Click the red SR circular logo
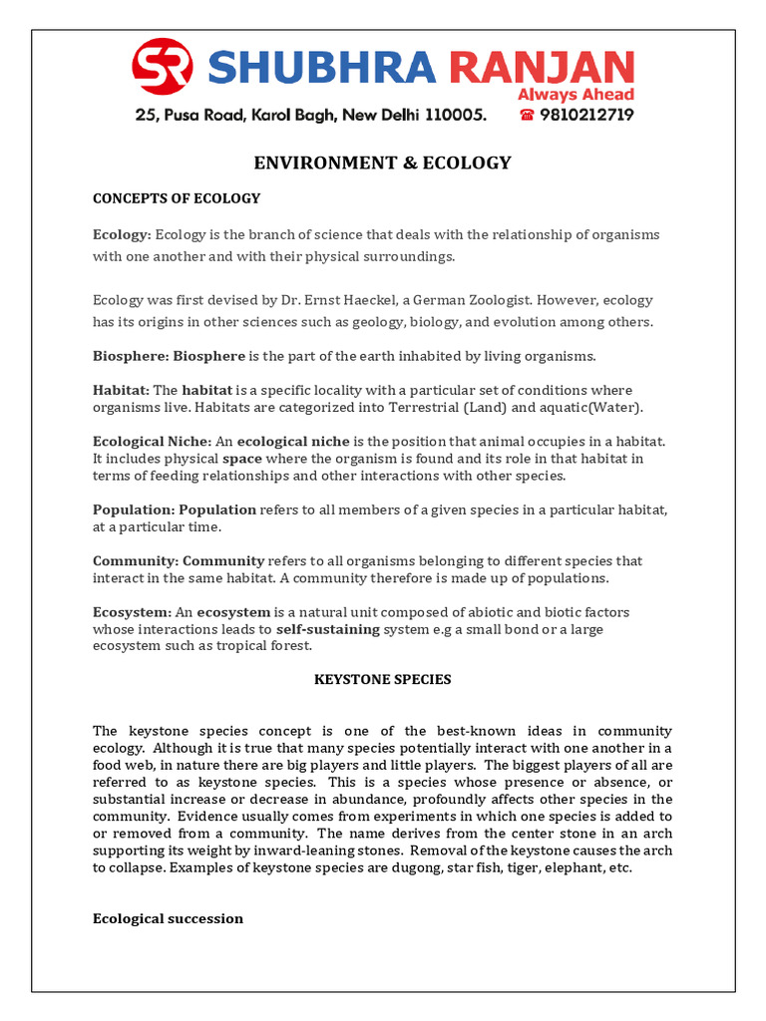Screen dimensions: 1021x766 (x=165, y=67)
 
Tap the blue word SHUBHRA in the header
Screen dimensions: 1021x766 (x=322, y=68)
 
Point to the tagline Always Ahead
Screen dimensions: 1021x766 (x=574, y=95)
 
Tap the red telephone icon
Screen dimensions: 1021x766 (x=527, y=115)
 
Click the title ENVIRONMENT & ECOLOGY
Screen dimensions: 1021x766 (x=383, y=163)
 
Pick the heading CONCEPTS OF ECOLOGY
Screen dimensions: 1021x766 (x=177, y=198)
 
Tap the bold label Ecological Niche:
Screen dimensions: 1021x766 (x=152, y=441)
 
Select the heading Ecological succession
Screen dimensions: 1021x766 (x=168, y=918)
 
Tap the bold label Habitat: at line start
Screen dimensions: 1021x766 (x=121, y=390)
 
